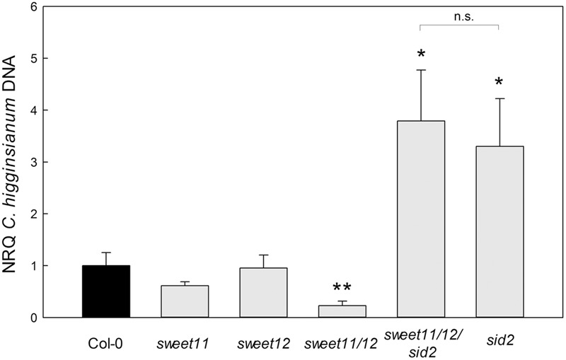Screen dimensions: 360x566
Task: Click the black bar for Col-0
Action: [x=106, y=291]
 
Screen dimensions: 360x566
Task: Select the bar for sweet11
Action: [x=185, y=301]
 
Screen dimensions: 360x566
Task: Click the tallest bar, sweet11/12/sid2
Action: [x=420, y=219]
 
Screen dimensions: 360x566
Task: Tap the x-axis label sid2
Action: [x=499, y=339]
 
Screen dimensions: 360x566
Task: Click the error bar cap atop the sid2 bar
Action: [x=499, y=99]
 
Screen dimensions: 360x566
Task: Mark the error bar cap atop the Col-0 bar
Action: [x=106, y=252]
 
